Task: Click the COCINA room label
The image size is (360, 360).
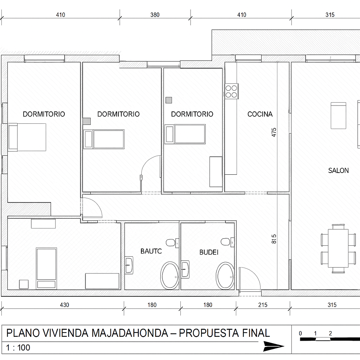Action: (260, 114)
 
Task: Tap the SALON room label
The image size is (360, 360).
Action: (339, 171)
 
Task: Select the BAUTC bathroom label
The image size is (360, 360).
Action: (151, 251)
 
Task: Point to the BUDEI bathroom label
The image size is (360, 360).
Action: (209, 252)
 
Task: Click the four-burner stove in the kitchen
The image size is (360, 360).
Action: (231, 91)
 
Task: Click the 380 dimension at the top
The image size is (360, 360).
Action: (155, 15)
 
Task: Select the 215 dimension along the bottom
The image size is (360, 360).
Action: (263, 305)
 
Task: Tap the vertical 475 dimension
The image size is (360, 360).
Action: (274, 132)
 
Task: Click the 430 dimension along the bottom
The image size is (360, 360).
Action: (65, 305)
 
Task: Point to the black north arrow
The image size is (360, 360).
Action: (274, 346)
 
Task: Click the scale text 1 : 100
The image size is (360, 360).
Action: (18, 348)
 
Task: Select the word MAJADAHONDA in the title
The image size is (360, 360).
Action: (130, 333)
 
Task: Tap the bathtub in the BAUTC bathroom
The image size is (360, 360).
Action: (170, 276)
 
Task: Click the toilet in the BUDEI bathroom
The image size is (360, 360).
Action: (225, 242)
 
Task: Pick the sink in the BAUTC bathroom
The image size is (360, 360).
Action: (129, 265)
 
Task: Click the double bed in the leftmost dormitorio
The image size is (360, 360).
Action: (27, 137)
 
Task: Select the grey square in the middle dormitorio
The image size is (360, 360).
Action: (87, 121)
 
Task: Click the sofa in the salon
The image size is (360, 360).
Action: (339, 116)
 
